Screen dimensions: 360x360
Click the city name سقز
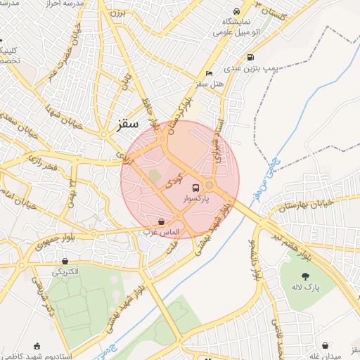coord(126,127)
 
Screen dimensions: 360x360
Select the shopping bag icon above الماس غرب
coord(162,221)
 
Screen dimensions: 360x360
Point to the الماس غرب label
coord(162,232)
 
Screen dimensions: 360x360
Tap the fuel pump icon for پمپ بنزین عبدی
coord(250,58)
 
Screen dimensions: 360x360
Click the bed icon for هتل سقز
coord(209,73)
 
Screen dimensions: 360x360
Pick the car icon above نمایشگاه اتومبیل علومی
coord(236,13)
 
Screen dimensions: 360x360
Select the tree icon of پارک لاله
coord(305,276)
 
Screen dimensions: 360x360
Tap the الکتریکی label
coord(65,271)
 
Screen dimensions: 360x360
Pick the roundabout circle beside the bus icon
coord(210,186)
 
